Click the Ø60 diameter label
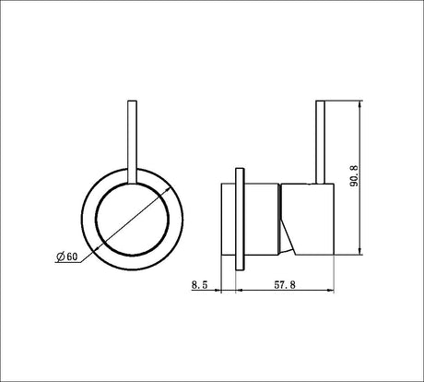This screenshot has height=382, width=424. click(67, 257)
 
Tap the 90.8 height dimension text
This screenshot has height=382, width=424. click(354, 176)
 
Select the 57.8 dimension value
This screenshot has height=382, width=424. click(285, 285)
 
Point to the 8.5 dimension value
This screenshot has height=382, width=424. click(200, 285)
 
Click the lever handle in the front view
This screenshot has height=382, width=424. click(132, 142)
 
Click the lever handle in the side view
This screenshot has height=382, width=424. click(321, 142)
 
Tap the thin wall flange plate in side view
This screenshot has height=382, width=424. click(240, 219)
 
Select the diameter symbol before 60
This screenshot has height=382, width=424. click(61, 257)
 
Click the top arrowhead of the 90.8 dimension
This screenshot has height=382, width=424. click(359, 103)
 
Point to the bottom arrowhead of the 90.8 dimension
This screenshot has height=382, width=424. click(359, 251)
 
